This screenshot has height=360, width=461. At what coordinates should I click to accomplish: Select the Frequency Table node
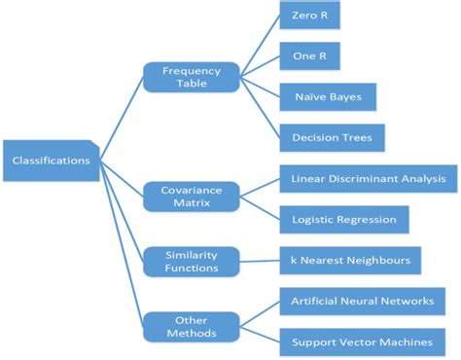coord(191,78)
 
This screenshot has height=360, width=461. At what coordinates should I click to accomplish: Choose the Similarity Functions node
coord(191,261)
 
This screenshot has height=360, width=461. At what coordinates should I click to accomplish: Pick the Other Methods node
coord(191,326)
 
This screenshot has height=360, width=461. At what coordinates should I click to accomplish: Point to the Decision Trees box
coord(332,137)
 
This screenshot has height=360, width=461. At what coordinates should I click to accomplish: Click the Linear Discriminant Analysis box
coord(368,179)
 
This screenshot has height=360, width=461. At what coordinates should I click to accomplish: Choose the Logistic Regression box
coord(343,219)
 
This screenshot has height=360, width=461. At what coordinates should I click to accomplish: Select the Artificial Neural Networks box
coord(362,302)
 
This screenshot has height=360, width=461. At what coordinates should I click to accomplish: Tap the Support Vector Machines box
coord(362,342)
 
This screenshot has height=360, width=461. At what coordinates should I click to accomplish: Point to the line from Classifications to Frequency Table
coord(123,118)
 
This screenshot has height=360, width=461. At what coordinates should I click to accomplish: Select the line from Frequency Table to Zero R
coord(259,45)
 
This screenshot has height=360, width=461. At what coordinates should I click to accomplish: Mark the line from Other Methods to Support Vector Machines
coord(259,334)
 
